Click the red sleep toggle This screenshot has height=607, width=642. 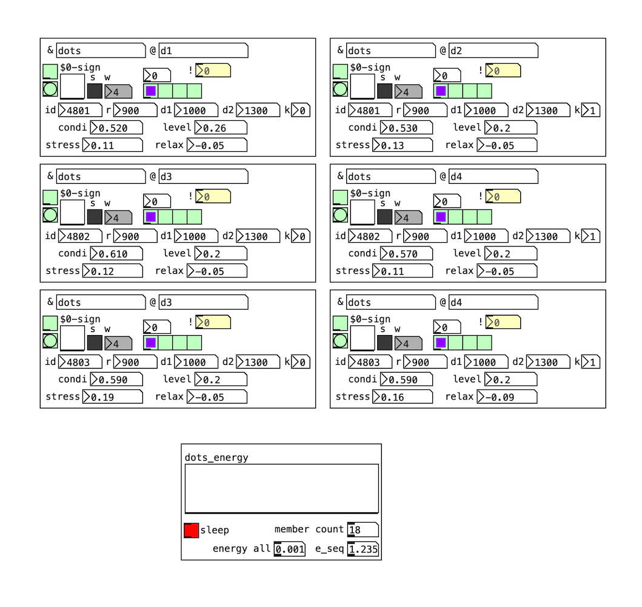pyautogui.click(x=191, y=530)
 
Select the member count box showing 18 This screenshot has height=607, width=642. pyautogui.click(x=363, y=530)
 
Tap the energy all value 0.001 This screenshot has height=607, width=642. pyautogui.click(x=289, y=549)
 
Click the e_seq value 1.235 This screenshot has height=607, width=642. pyautogui.click(x=363, y=549)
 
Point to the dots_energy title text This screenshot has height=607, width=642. pyautogui.click(x=216, y=458)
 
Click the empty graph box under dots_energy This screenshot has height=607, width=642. pyautogui.click(x=281, y=489)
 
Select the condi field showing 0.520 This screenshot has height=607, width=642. pyautogui.click(x=116, y=128)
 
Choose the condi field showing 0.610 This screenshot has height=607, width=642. pyautogui.click(x=116, y=254)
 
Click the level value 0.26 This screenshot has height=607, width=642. pyautogui.click(x=221, y=128)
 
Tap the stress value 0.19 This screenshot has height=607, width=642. pyautogui.click(x=112, y=397)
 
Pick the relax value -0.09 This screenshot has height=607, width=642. pyautogui.click(x=507, y=397)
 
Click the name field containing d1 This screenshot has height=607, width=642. pyautogui.click(x=203, y=51)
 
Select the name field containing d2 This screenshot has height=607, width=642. pyautogui.click(x=493, y=51)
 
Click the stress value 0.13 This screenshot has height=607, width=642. pyautogui.click(x=402, y=146)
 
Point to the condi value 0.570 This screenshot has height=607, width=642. pyautogui.click(x=406, y=254)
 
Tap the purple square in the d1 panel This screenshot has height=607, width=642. pyautogui.click(x=151, y=92)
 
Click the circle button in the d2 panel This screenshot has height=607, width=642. pyautogui.click(x=340, y=90)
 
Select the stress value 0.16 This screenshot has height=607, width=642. pyautogui.click(x=402, y=397)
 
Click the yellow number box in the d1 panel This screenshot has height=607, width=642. pyautogui.click(x=213, y=71)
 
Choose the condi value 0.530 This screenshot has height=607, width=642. pyautogui.click(x=406, y=128)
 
